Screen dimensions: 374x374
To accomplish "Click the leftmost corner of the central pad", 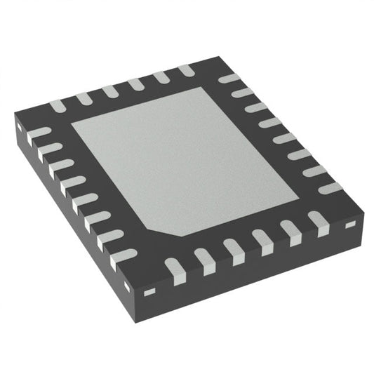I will tap(72, 128).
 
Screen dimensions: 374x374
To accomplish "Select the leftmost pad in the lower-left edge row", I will tap(38, 131).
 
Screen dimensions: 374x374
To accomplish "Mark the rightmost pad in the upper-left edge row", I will tap(186, 69).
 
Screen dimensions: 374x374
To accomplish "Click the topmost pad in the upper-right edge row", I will tap(229, 78).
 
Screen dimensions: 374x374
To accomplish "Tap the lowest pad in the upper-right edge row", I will tap(330, 187).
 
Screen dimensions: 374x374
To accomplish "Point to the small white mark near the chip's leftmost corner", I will tap(20, 129).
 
